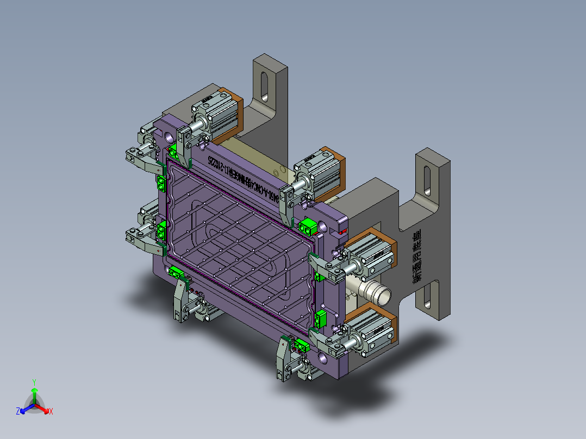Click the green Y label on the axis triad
(34, 382)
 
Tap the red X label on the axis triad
(51, 411)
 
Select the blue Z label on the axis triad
(17, 411)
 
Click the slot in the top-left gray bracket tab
(264, 86)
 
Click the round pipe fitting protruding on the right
(377, 293)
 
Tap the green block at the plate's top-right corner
(309, 227)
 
